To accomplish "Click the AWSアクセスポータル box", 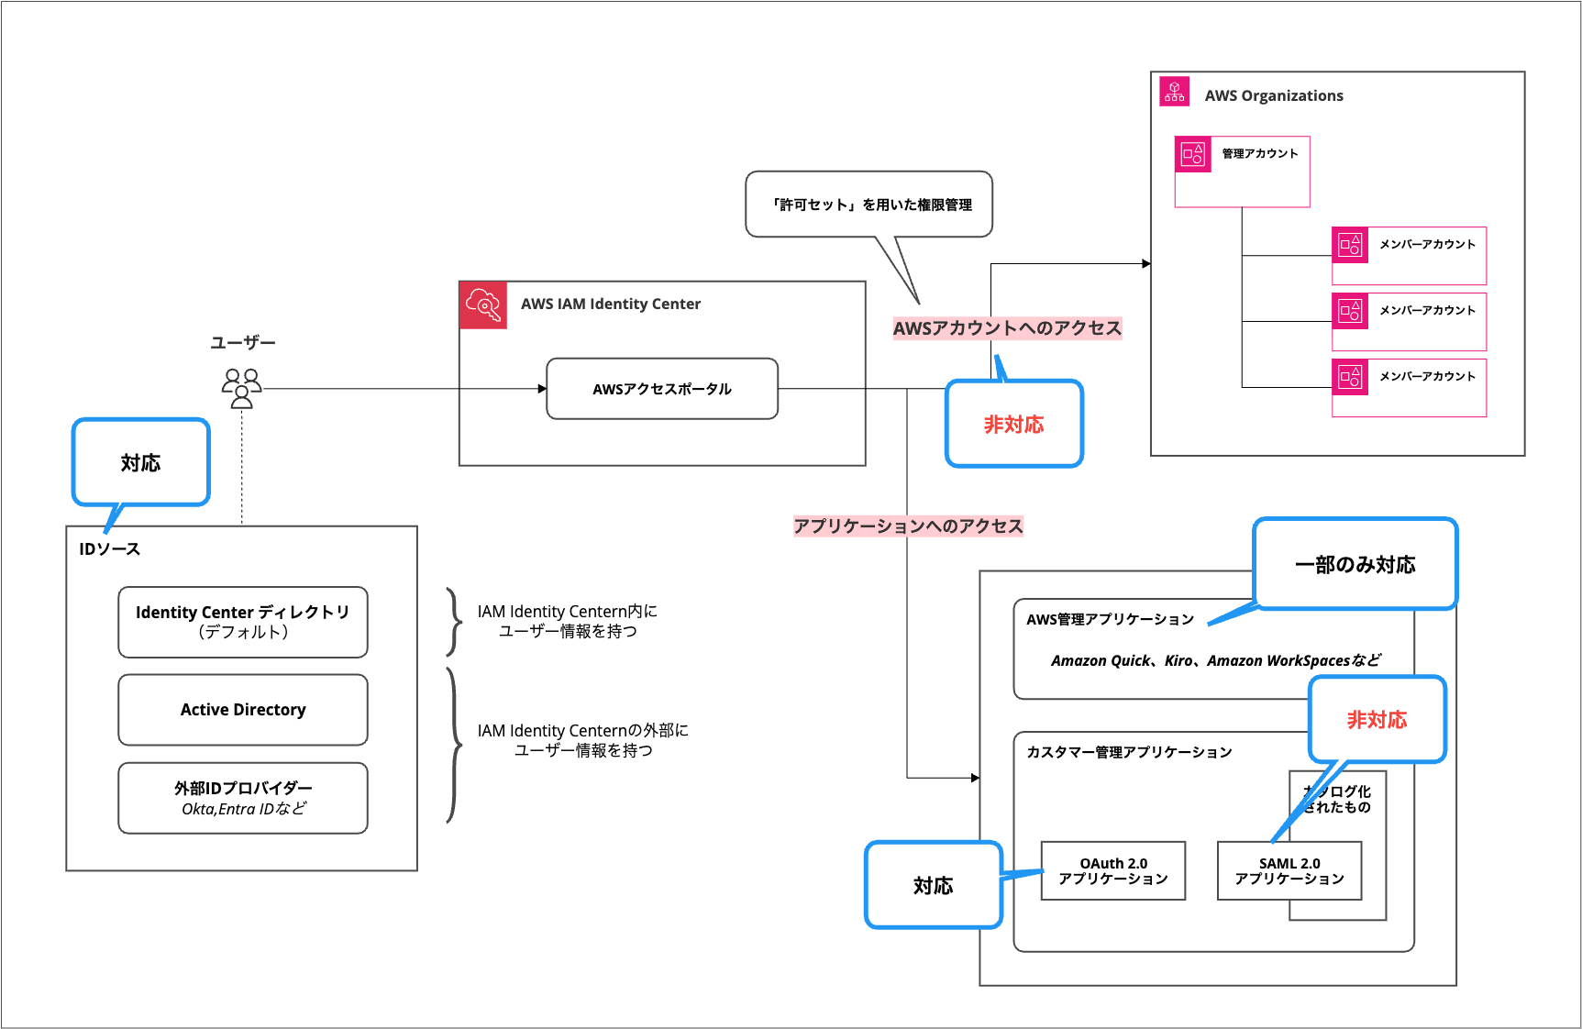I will [661, 389].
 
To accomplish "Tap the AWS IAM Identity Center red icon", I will [483, 304].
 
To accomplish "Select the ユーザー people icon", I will [242, 388].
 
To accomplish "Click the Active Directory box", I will [243, 710].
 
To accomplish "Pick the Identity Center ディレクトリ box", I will [243, 622].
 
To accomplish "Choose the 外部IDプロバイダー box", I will [243, 798].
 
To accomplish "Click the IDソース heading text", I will [110, 549].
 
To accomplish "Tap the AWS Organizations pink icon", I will [1174, 92].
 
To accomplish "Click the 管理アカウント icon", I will [1193, 154].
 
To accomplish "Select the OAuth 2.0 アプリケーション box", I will [1112, 871].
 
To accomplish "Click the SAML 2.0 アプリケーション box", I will [1289, 871].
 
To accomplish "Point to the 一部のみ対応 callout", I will [1355, 564].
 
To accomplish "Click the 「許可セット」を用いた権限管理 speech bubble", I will [868, 205].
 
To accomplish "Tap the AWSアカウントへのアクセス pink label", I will [1007, 328].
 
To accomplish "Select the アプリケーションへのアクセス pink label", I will [908, 526].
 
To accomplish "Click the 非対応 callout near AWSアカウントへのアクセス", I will [1013, 425].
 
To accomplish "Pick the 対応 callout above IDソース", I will [140, 463].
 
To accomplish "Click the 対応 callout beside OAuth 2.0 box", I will [933, 886].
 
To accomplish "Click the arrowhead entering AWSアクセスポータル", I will [542, 389].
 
